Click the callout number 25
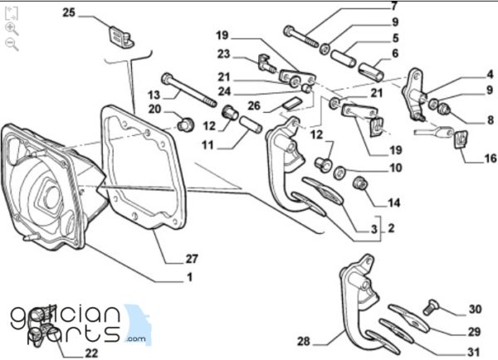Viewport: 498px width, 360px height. (x=69, y=12)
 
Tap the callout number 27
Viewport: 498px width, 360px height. (x=192, y=259)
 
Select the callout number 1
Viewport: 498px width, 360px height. (x=189, y=277)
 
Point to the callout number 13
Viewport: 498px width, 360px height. (x=154, y=95)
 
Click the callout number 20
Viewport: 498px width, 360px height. (x=155, y=109)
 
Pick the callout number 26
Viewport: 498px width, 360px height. (x=254, y=105)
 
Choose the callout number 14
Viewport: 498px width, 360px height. (x=393, y=202)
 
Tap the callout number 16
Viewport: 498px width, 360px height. (x=491, y=158)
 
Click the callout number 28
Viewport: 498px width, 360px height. (x=304, y=341)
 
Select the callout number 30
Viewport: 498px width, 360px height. (x=475, y=309)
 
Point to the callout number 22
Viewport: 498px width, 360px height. (x=91, y=353)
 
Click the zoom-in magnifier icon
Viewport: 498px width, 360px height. (x=12, y=29)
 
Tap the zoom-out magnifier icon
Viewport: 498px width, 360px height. (x=12, y=44)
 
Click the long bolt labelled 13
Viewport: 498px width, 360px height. (x=189, y=90)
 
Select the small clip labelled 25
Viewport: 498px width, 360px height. (x=122, y=37)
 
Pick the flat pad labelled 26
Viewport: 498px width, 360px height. (x=291, y=104)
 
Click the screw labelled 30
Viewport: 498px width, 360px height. (x=431, y=307)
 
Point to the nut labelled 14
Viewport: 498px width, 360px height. (x=360, y=183)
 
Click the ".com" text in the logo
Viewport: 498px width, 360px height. (x=135, y=338)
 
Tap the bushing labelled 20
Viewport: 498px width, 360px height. (x=185, y=124)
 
